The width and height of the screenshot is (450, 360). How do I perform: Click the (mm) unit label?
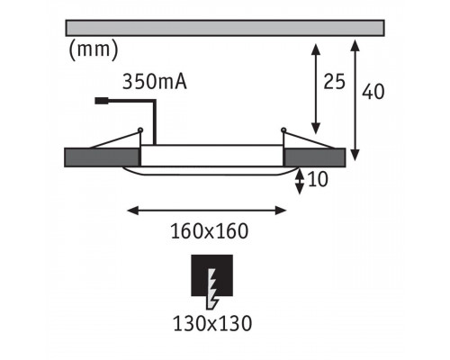coord(94,50)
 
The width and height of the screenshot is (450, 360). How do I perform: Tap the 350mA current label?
coord(155,82)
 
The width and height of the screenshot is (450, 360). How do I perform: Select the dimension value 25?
coord(334,82)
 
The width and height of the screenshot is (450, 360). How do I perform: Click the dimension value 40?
coord(373,92)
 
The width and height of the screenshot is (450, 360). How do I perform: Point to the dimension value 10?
coord(318,180)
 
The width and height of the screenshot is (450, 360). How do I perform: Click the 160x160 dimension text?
coord(210,231)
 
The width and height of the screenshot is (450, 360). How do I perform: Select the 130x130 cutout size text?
coord(212,324)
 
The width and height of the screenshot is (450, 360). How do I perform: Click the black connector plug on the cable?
coord(102,101)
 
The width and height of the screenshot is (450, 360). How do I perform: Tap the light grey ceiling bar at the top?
coord(225,28)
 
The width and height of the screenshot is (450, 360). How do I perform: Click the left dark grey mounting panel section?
coord(103,157)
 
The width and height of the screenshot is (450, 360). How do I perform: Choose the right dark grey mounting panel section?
coord(314,157)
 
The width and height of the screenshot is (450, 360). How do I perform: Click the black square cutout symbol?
coord(212,275)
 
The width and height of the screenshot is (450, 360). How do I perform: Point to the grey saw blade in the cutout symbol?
coord(212,289)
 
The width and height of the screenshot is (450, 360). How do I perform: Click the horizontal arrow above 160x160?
coord(207,211)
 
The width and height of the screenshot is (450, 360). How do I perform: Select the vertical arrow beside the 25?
coord(316,89)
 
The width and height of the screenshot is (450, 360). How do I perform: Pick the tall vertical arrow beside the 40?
coord(355,100)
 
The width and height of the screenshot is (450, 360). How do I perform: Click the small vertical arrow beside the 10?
coord(300,181)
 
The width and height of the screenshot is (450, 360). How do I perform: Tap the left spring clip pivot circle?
coord(140,130)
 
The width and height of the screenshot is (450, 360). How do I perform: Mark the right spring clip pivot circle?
coord(283,130)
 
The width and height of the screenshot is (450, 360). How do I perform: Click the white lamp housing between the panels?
coord(211,156)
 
